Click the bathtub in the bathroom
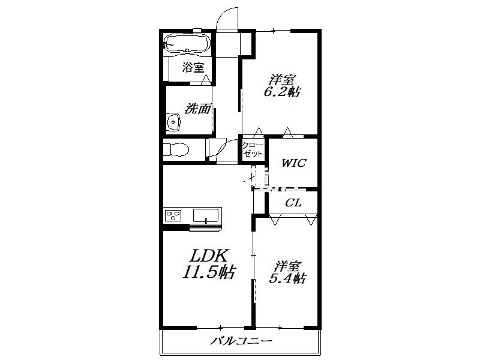pos(187,44)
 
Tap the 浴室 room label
pos(193,67)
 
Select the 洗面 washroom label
pos(198,109)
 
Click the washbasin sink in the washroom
pos(173,122)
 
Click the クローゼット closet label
pos(253,149)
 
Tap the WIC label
pos(293,163)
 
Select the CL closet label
pos(293,203)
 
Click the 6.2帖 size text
pos(281,92)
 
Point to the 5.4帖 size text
pos(287,278)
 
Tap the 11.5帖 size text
pos(209,272)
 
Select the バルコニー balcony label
pos(241,341)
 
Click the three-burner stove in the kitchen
pos(173,215)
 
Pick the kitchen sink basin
pos(206,215)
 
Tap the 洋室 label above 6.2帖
pos(281,80)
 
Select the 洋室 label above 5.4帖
pos(287,266)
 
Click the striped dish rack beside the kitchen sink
pos(205,227)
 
